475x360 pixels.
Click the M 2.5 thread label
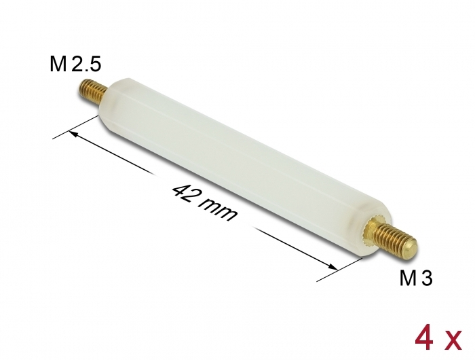point(75,65)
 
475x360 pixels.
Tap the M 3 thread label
point(415,278)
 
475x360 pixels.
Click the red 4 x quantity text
point(438,340)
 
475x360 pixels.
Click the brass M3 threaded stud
point(394,238)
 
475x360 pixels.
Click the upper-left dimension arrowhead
point(73,133)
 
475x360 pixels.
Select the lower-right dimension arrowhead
point(333,266)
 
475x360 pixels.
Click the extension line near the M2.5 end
point(76,127)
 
